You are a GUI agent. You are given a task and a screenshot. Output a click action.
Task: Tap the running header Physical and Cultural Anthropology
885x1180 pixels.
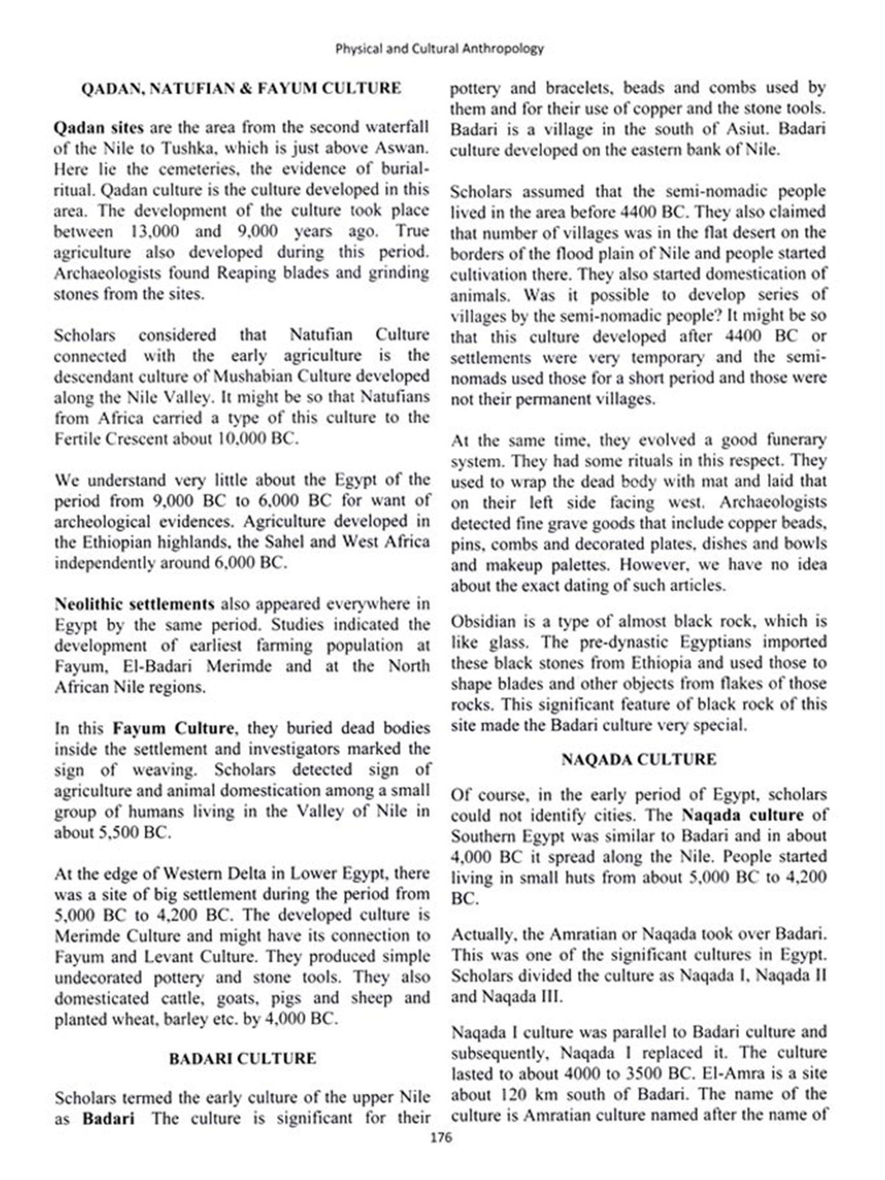point(440,48)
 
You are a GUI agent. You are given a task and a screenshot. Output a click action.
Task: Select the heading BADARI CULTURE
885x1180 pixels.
point(242,1058)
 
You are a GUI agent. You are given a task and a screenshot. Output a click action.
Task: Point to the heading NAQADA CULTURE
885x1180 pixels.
point(639,759)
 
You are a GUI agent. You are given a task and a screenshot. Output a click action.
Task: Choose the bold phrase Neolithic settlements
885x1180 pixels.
point(135,604)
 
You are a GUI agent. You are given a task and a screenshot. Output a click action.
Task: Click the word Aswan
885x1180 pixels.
point(406,148)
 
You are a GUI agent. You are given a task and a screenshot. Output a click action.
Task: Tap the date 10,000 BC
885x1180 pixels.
point(255,439)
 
